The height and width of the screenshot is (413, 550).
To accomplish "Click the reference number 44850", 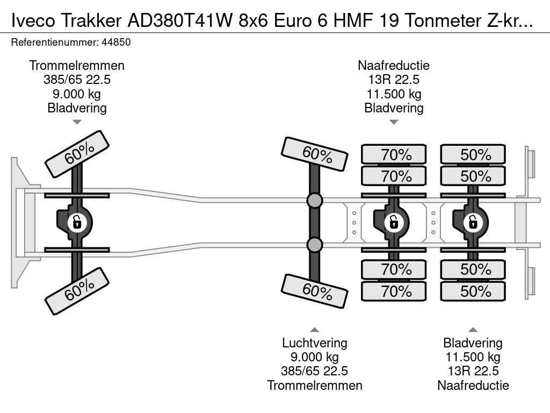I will click(113, 42).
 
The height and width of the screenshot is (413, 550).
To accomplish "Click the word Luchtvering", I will click(314, 343).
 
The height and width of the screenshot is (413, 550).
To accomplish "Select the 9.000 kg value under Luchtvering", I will click(314, 357).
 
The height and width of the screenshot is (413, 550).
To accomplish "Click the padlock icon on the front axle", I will click(77, 222).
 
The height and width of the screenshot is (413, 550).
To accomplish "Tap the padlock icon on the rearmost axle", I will click(473, 222).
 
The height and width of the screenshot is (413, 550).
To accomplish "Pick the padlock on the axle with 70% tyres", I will click(394, 222).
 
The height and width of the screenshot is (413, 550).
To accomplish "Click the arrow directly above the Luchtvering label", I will click(314, 330).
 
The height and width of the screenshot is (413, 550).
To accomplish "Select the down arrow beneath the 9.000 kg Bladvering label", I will click(77, 122).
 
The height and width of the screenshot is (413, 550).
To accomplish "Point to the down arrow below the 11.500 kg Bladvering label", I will click(394, 122).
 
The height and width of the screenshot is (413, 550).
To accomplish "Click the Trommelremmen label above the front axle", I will click(77, 66).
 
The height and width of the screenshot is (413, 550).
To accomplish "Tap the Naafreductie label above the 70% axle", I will click(394, 66).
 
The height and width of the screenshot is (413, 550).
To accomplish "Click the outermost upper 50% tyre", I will click(473, 155).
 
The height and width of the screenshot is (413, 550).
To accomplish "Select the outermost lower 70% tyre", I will click(394, 291).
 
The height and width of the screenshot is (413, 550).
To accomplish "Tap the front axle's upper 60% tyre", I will click(77, 154).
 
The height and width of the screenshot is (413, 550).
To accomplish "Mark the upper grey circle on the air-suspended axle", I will click(314, 201).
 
